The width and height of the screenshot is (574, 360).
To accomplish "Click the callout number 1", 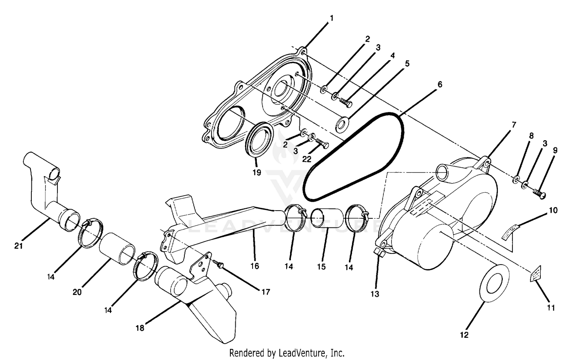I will point(331,18).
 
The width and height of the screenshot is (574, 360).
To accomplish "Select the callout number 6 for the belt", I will point(440,84).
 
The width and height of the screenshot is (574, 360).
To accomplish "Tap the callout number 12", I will point(464,335).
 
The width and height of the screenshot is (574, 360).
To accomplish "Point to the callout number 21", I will point(18,246).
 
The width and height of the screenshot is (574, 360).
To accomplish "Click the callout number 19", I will point(257,173).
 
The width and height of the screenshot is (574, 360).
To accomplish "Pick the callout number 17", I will point(265,292).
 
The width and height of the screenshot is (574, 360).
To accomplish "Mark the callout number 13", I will point(375,294).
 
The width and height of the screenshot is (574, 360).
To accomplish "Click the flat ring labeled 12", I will point(494,283).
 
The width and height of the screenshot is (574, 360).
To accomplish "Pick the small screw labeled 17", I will point(219,264).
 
